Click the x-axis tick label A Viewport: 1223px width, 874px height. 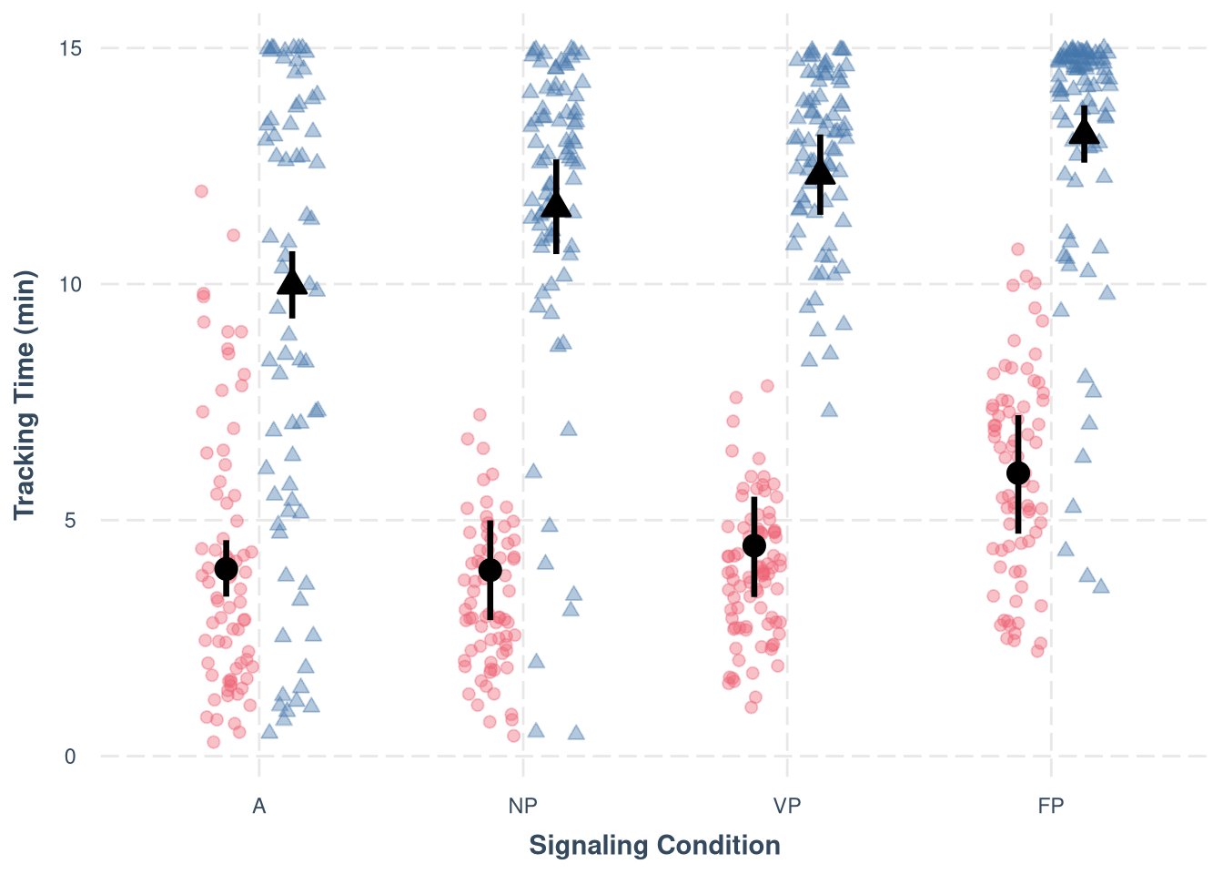(259, 806)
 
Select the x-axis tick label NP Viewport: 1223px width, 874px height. (523, 806)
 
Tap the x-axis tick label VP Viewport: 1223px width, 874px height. (787, 806)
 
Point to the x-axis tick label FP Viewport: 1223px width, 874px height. (1051, 806)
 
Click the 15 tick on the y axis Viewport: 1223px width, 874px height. (71, 48)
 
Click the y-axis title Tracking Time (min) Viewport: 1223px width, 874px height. (25, 395)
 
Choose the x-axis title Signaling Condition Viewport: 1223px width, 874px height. (654, 846)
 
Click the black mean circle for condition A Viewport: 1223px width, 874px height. (227, 569)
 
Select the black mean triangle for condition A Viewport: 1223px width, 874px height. (292, 281)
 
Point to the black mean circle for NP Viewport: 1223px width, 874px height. (490, 570)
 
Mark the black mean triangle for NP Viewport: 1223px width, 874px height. (556, 205)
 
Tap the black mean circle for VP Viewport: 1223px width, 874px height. (754, 545)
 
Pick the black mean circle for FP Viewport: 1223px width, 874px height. (1018, 473)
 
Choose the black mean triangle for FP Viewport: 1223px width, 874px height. (1084, 133)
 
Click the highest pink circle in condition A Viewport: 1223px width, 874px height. (201, 191)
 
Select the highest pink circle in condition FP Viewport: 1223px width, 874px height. (1017, 249)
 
